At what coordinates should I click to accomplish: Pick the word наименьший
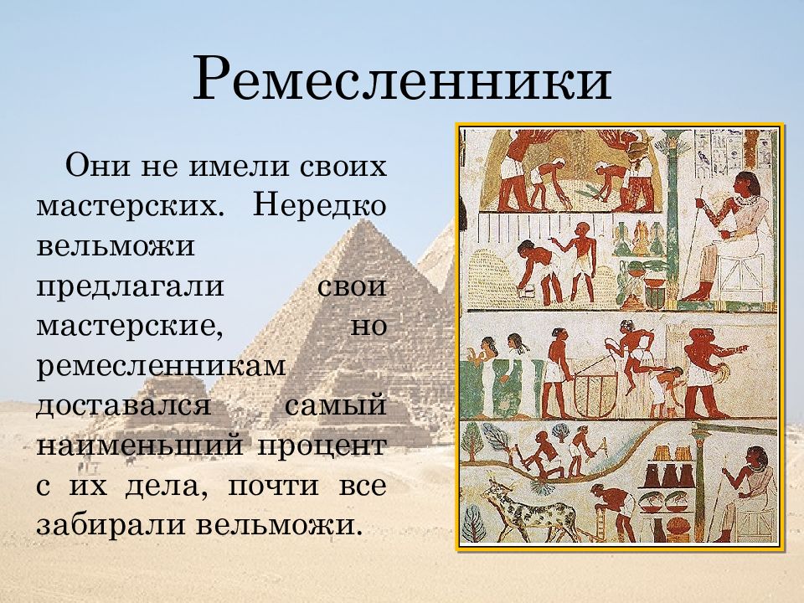click(139, 446)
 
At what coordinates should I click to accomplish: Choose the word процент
click(328, 446)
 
